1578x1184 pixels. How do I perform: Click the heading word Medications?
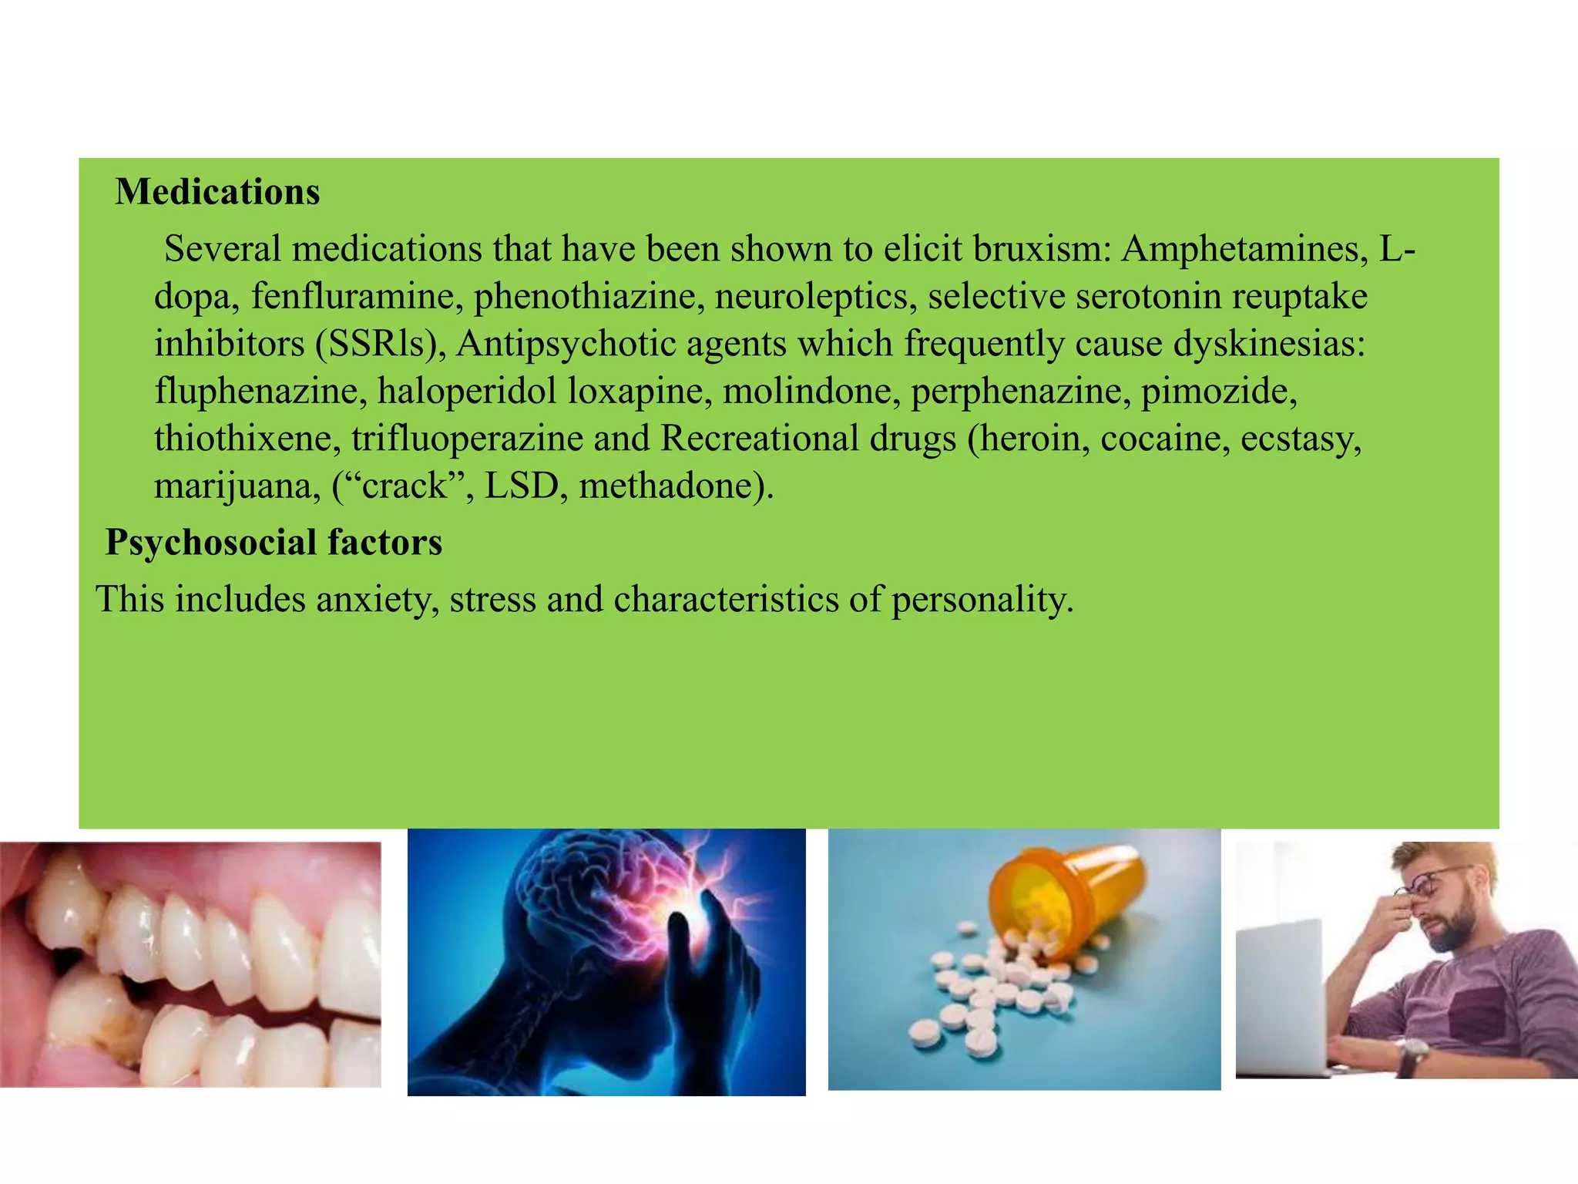tap(217, 192)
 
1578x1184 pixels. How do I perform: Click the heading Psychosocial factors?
tap(274, 543)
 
